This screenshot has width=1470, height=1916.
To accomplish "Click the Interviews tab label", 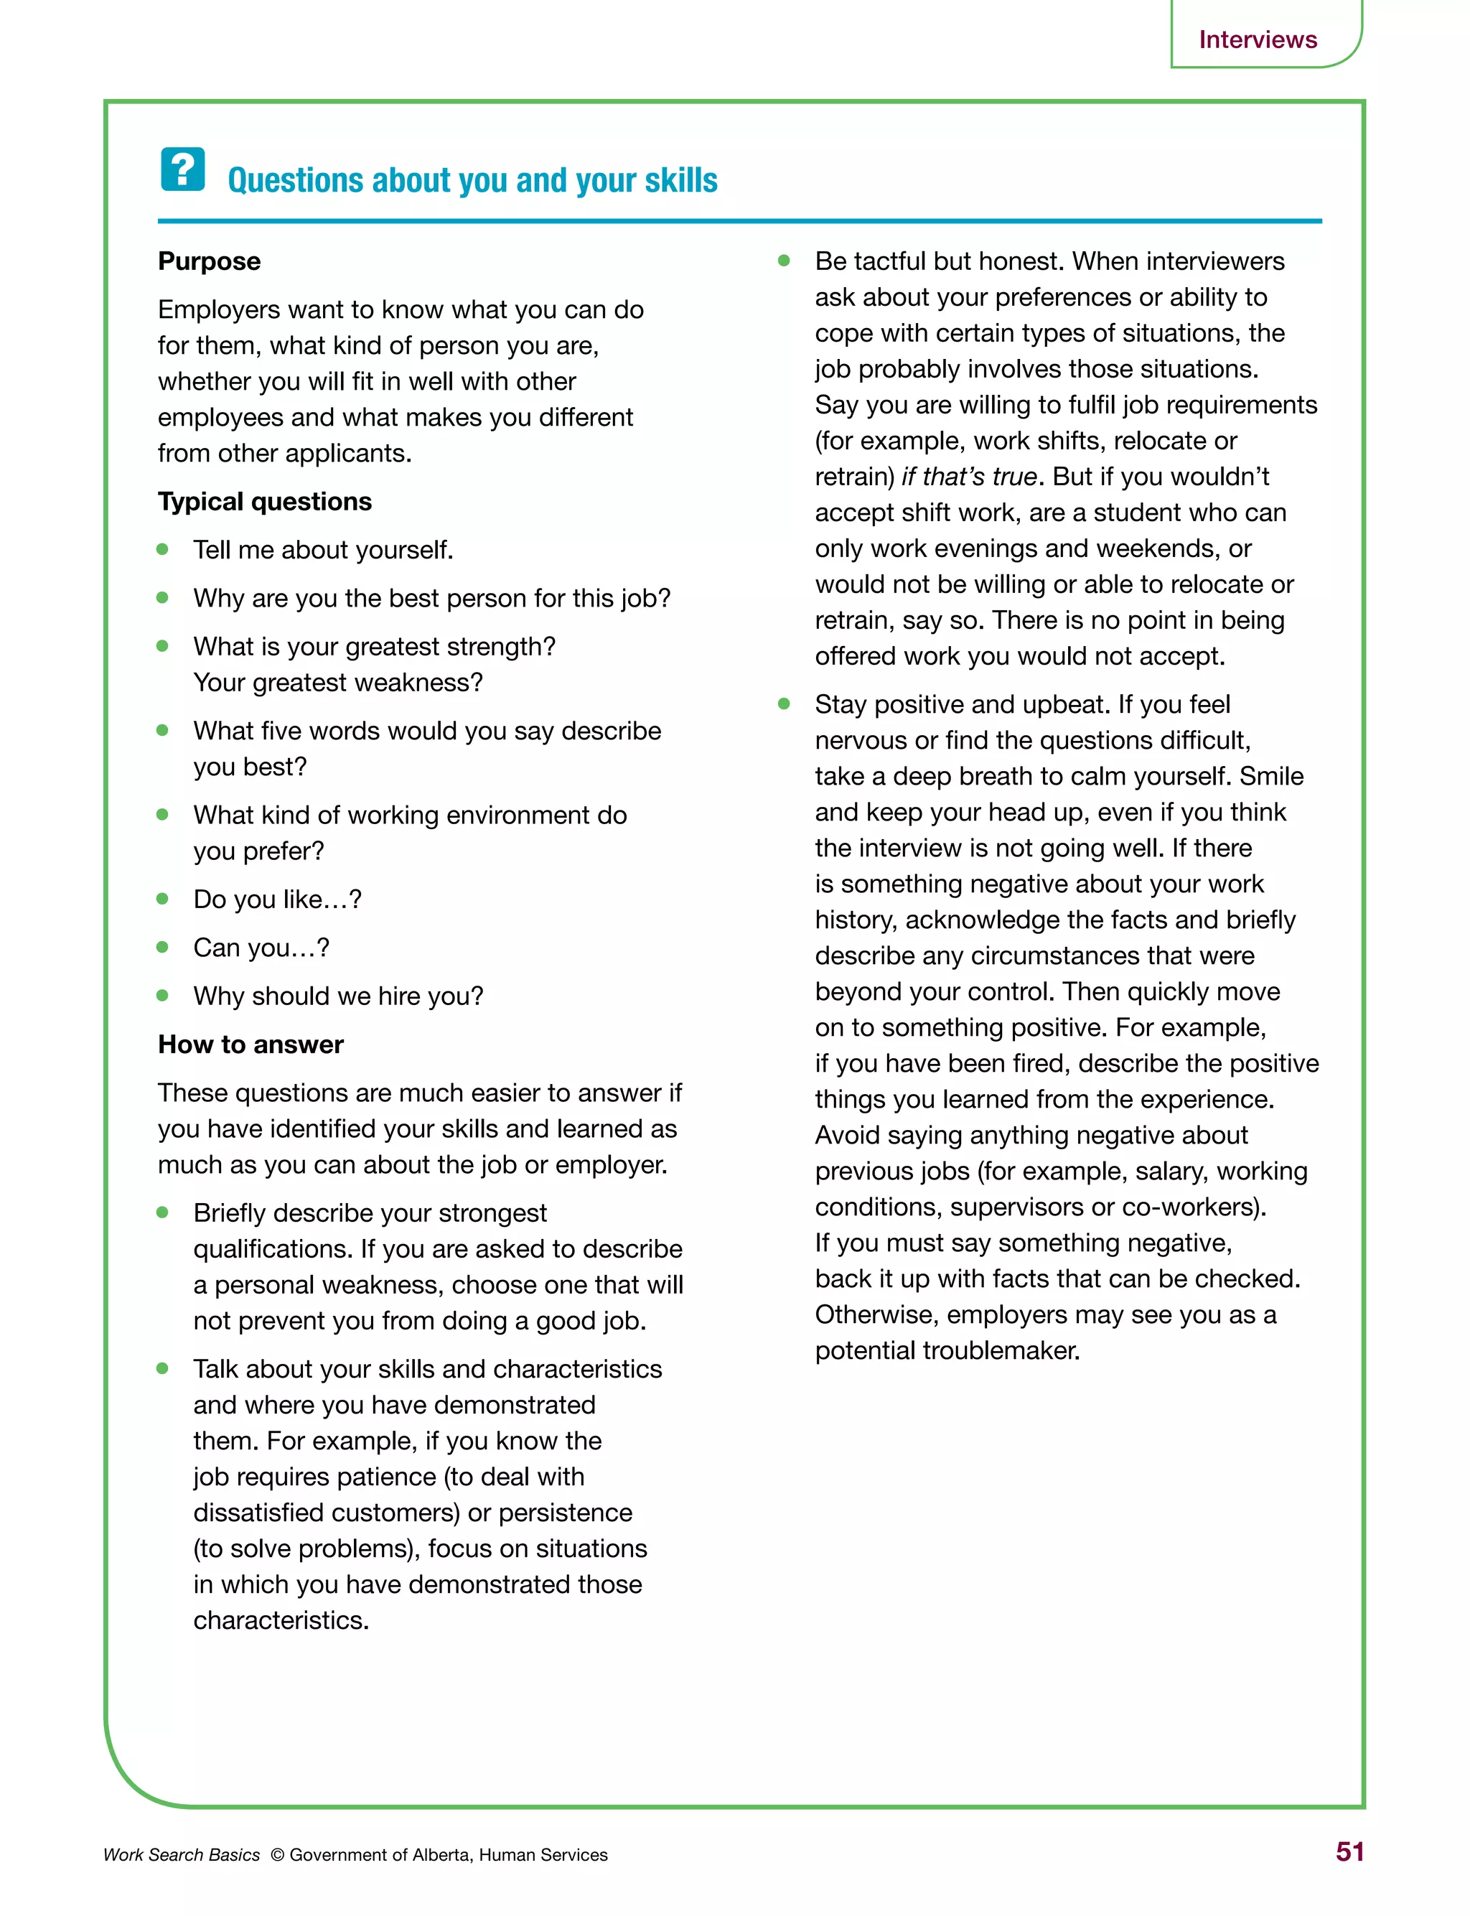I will (x=1257, y=39).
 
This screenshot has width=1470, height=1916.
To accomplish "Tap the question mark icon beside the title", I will (x=183, y=169).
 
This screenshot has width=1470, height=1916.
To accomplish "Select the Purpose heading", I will (x=209, y=261).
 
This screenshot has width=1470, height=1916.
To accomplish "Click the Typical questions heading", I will (x=264, y=501).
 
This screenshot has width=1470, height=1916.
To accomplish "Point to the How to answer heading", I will (x=251, y=1044).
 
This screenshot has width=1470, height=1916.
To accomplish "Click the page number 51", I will (x=1349, y=1851).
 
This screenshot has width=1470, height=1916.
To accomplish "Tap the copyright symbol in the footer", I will (x=276, y=1855).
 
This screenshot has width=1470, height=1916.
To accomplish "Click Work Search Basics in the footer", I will (x=181, y=1855).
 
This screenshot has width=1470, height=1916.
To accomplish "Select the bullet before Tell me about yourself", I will (x=163, y=549).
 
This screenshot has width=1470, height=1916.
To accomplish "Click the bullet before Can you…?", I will (x=163, y=947).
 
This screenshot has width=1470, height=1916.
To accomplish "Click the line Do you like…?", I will (x=276, y=899).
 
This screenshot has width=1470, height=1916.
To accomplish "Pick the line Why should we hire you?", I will (x=338, y=996).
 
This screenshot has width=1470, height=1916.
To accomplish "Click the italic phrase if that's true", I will (x=968, y=477).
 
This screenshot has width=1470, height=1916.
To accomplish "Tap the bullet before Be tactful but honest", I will (x=784, y=261).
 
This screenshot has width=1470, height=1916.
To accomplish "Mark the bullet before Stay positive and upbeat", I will (x=784, y=704).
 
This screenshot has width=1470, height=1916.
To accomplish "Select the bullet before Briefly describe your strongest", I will (x=163, y=1212).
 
